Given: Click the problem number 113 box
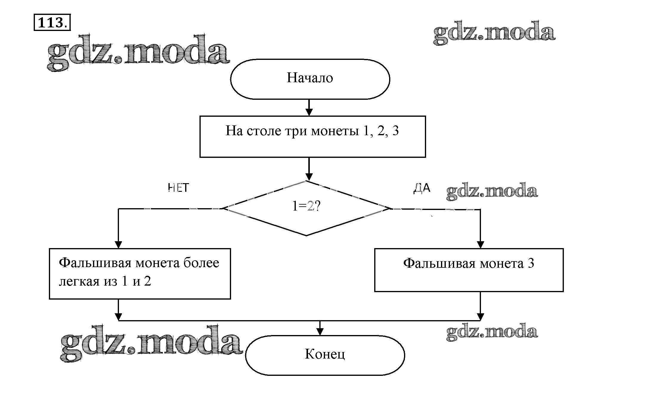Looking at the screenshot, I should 52,22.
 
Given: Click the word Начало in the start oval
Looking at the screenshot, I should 310,78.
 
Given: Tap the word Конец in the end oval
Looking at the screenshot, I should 325,354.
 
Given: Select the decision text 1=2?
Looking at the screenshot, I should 306,206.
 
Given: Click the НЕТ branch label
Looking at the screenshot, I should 178,188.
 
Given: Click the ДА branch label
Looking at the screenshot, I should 422,188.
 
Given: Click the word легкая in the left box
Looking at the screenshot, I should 79,281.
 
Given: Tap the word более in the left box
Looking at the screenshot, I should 201,263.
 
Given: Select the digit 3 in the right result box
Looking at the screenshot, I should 531,263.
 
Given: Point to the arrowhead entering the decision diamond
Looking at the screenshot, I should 309,177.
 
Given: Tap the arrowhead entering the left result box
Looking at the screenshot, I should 118,245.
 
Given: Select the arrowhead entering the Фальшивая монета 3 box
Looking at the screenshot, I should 480,245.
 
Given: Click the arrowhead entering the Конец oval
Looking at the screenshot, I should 320,332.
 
